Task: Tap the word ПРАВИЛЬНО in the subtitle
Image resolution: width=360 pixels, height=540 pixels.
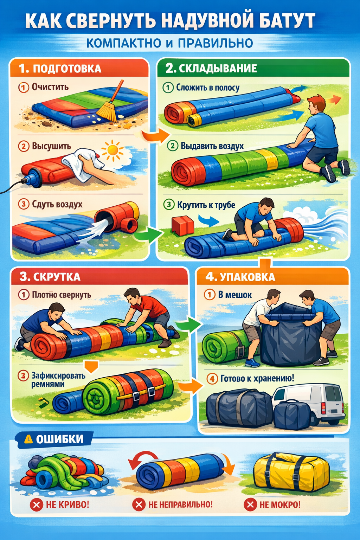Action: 216,43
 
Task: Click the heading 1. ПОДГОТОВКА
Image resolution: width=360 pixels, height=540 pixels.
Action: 60,69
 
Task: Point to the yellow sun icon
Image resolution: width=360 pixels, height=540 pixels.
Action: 112,150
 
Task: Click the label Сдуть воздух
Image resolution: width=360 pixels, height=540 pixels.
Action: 57,204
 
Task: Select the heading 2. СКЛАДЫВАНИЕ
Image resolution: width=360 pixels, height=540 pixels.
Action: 211,68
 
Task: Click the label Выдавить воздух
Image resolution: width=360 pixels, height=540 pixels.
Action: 212,146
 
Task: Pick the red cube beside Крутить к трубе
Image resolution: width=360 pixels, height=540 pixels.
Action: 182,225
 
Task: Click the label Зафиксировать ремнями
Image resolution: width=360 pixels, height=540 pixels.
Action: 58,380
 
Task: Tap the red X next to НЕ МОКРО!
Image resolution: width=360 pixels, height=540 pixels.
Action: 250,504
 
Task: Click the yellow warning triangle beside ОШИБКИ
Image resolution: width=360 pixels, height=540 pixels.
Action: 28,439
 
